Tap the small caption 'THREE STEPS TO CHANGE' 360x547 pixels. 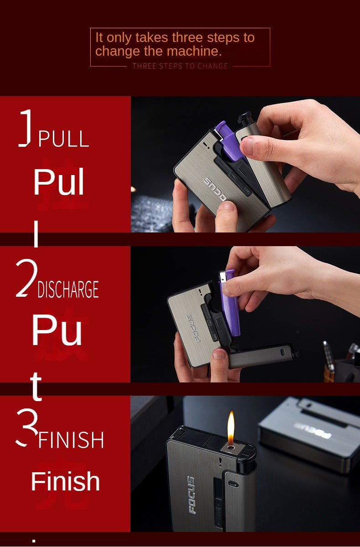(180, 66)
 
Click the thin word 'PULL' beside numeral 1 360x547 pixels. (63, 139)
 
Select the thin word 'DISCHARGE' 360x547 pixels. (68, 290)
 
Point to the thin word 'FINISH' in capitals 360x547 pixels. (71, 440)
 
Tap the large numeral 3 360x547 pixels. (26, 427)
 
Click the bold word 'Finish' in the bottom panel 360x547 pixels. (65, 481)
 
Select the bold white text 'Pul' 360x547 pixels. (59, 183)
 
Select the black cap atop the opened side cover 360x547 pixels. (245, 117)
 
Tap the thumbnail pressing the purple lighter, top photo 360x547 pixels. (249, 146)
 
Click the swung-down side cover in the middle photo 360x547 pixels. (262, 356)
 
